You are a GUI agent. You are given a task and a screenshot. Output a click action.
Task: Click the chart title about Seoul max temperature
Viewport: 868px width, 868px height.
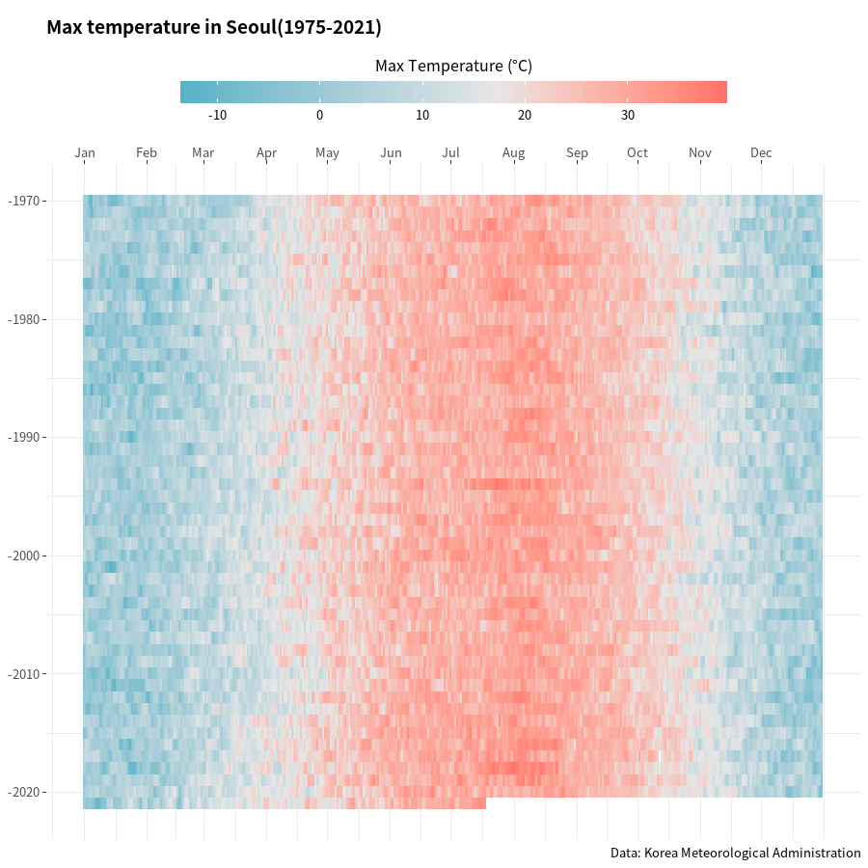pos(214,28)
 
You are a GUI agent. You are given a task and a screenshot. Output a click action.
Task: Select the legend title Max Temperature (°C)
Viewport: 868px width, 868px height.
pos(453,66)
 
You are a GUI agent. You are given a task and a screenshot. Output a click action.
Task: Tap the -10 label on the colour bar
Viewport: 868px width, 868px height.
pos(217,116)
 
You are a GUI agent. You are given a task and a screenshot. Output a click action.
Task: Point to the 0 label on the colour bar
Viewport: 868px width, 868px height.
pos(319,116)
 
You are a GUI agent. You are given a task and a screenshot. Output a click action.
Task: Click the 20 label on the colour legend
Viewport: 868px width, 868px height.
pos(525,116)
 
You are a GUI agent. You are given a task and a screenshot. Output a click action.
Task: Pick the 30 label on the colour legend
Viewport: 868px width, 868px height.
pos(628,116)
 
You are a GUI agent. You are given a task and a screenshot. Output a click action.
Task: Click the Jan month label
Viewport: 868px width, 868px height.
pos(85,152)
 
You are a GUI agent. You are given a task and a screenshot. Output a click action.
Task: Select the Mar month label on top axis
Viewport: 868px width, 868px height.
pos(203,152)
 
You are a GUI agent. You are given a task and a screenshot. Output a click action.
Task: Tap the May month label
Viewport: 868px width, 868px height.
pos(327,152)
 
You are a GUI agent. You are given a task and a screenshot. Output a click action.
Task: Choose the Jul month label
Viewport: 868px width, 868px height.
pos(450,152)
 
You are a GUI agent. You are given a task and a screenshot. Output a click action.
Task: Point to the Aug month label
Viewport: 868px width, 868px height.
pos(513,152)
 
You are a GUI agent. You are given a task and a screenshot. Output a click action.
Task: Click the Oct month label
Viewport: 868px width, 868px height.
pos(637,152)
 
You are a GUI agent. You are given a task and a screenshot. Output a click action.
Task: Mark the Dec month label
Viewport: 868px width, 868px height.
pos(761,152)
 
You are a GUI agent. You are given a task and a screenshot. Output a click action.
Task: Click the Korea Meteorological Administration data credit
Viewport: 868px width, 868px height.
pos(735,853)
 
